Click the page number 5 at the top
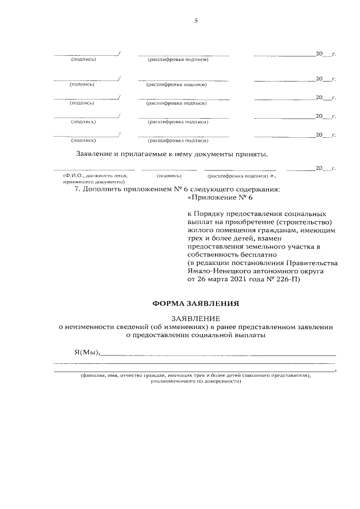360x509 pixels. pos(196,21)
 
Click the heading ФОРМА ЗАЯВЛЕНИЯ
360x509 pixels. pos(196,303)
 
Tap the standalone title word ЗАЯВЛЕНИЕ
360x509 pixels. pos(196,318)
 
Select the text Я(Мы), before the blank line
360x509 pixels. pos(87,353)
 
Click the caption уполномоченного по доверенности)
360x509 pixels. pos(196,380)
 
